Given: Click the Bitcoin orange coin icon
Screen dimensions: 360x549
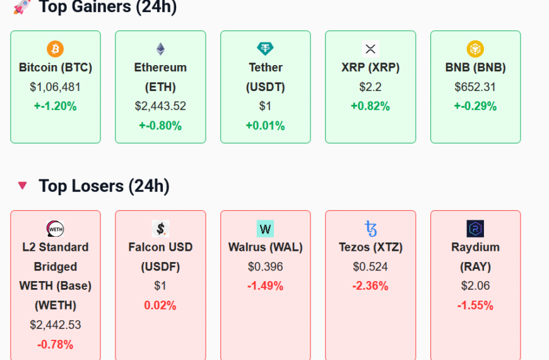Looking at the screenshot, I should [56, 49].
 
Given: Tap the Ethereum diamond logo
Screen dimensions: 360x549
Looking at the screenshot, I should [160, 49].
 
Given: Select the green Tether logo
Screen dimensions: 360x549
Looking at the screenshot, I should [265, 49].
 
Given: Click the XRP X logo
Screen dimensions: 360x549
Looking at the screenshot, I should [370, 49].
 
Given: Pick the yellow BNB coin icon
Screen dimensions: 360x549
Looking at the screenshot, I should [475, 49].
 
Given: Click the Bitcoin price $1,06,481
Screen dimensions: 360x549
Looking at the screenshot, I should [56, 87].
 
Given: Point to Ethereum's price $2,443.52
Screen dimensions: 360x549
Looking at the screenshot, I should [160, 106].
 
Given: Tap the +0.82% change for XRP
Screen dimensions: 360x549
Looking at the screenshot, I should [370, 106].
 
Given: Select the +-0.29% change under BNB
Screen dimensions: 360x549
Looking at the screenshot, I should [475, 106].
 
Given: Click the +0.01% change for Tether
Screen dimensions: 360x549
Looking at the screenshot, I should [265, 126].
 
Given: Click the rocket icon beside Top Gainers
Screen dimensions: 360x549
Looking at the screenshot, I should [22, 7].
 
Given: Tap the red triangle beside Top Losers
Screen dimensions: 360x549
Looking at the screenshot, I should [23, 185].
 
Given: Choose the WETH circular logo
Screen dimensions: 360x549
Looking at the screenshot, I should [56, 229].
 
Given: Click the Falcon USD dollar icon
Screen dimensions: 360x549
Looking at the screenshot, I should [160, 229].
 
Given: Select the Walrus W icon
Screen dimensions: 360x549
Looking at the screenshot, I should [265, 229].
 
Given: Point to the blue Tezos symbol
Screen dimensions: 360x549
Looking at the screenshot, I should [370, 229].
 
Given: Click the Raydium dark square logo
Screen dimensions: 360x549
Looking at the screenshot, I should [475, 229].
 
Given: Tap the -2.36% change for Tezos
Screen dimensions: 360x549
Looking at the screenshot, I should [370, 286].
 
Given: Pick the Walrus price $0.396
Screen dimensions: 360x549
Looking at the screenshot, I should [265, 267].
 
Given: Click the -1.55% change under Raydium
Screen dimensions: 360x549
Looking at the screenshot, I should [475, 306].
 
